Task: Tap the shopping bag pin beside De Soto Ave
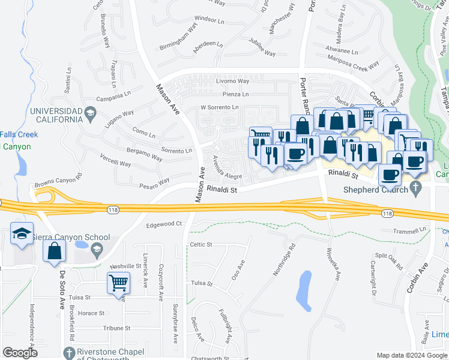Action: click(x=54, y=253)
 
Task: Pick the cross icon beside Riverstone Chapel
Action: click(x=68, y=352)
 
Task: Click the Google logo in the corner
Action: click(x=20, y=353)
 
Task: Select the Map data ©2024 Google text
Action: click(x=411, y=355)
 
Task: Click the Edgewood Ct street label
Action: click(x=164, y=224)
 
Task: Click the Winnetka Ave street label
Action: click(x=334, y=265)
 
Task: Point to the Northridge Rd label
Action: click(x=285, y=259)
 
